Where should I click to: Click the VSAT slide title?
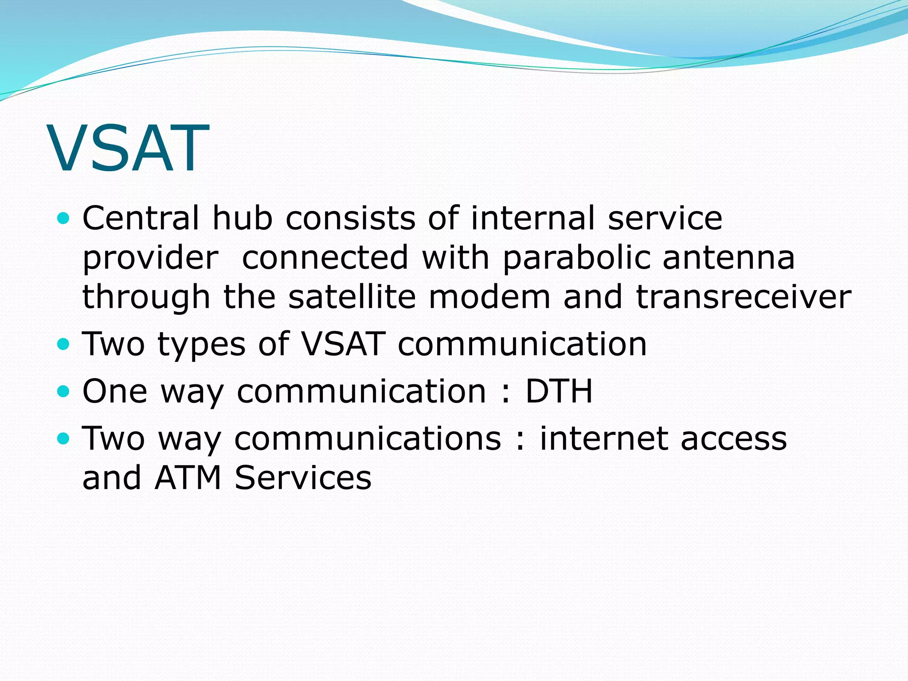pyautogui.click(x=129, y=149)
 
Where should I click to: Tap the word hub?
pyautogui.click(x=242, y=218)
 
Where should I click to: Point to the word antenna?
pyautogui.click(x=729, y=258)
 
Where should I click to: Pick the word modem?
pyautogui.click(x=489, y=297)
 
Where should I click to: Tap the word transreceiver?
pyautogui.click(x=744, y=297)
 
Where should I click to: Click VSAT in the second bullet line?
pyautogui.click(x=343, y=344)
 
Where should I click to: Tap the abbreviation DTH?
pyautogui.click(x=559, y=391)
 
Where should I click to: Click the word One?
pyautogui.click(x=115, y=391)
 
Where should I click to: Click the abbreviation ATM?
pyautogui.click(x=188, y=478)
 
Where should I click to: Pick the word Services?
pyautogui.click(x=303, y=478)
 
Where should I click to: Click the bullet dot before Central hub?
pyautogui.click(x=64, y=218)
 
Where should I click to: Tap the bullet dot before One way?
pyautogui.click(x=64, y=391)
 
